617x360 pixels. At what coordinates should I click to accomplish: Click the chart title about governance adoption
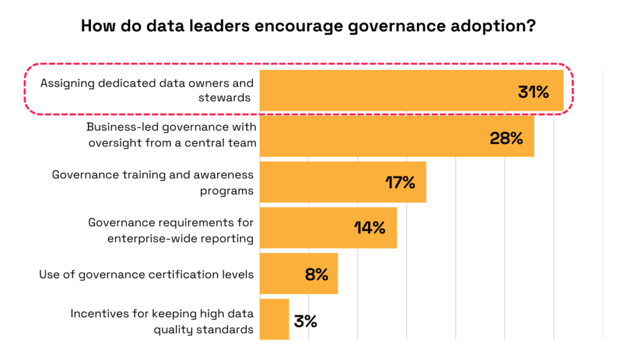pyautogui.click(x=308, y=27)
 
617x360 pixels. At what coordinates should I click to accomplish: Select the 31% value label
pyautogui.click(x=533, y=92)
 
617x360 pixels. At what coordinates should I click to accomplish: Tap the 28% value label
pyautogui.click(x=506, y=137)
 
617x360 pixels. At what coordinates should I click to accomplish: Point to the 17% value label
pyautogui.click(x=400, y=182)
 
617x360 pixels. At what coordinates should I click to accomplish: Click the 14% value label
pyautogui.click(x=369, y=228)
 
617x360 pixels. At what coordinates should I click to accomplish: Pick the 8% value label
pyautogui.click(x=316, y=274)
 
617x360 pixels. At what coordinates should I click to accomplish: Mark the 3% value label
pyautogui.click(x=305, y=321)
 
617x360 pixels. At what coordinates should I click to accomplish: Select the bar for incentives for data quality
pyautogui.click(x=274, y=320)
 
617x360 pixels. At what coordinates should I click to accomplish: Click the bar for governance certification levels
pyautogui.click(x=283, y=274)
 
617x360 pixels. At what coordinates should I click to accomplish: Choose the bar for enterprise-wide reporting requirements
pyautogui.click(x=307, y=228)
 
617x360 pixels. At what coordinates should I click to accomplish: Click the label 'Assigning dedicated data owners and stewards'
pyautogui.click(x=146, y=90)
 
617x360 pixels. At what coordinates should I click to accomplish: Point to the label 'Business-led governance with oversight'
pyautogui.click(x=172, y=135)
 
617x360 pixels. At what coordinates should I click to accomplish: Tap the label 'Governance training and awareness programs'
pyautogui.click(x=152, y=182)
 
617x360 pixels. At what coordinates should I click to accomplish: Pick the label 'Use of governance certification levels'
pyautogui.click(x=146, y=274)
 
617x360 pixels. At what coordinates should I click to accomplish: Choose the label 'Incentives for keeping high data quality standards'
pyautogui.click(x=161, y=321)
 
